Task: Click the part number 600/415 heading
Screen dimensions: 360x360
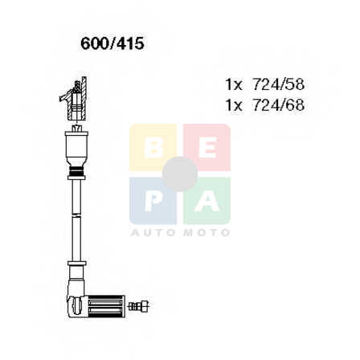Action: click(112, 43)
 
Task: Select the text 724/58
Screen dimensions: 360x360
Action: click(279, 84)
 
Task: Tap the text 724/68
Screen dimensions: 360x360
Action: click(279, 105)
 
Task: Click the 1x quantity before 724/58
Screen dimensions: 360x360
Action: click(234, 84)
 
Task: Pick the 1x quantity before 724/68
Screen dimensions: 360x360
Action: click(234, 105)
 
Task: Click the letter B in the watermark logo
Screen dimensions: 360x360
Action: click(153, 149)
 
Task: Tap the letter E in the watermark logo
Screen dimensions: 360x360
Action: click(207, 149)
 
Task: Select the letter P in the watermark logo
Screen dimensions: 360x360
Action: click(153, 202)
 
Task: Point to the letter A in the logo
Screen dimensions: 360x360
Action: click(207, 202)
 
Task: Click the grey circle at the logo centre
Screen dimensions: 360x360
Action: click(180, 174)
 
